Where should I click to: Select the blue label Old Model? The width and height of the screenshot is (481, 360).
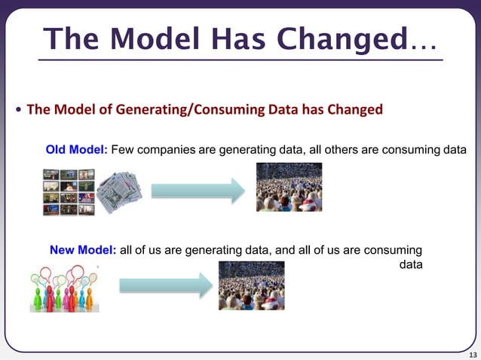click(x=78, y=150)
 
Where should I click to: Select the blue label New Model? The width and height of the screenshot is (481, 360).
click(x=82, y=250)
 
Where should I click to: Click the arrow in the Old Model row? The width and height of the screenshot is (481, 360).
click(x=198, y=191)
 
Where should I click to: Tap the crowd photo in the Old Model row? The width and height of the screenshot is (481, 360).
click(x=289, y=187)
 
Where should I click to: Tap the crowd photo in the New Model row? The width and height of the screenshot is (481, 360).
click(x=251, y=285)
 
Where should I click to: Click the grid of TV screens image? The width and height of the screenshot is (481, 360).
click(x=68, y=191)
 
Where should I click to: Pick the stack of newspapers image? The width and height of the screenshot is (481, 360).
click(x=118, y=192)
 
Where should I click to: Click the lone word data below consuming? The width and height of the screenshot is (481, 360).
click(x=410, y=264)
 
